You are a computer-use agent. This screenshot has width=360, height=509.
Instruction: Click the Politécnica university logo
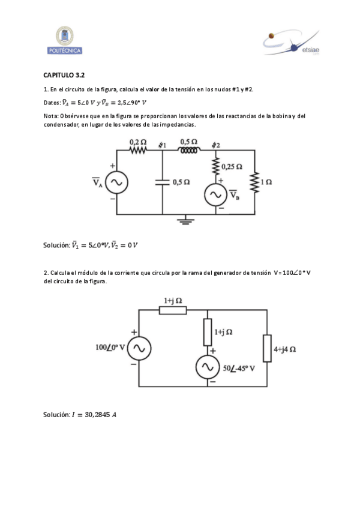(x=64, y=40)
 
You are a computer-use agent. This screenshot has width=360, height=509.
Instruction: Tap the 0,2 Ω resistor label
(x=138, y=142)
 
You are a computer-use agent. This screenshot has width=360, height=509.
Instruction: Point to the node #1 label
(x=162, y=145)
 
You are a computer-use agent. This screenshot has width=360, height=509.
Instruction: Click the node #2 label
(x=216, y=145)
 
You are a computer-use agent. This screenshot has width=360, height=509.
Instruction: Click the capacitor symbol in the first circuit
(x=163, y=182)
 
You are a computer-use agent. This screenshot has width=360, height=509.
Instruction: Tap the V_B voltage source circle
(x=214, y=194)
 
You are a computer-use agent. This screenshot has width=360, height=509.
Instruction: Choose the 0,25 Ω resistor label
(x=231, y=166)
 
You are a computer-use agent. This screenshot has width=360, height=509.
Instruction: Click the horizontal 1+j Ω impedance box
(x=173, y=310)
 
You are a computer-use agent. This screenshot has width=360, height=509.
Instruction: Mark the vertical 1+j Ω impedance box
(x=208, y=331)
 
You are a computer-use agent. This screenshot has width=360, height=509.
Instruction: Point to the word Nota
(x=50, y=116)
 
